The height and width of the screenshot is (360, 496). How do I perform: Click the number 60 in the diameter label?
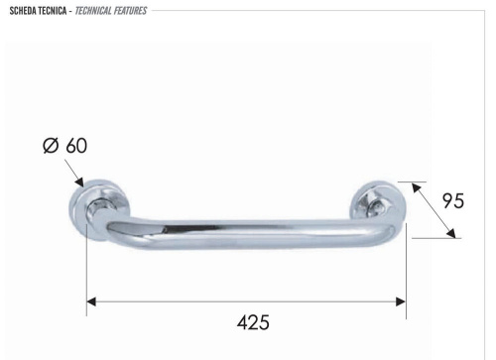[76, 146]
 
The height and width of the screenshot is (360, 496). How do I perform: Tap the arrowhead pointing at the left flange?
[78, 184]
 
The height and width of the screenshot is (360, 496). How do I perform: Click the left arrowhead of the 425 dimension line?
[92, 300]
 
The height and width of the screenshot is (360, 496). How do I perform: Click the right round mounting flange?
[378, 203]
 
